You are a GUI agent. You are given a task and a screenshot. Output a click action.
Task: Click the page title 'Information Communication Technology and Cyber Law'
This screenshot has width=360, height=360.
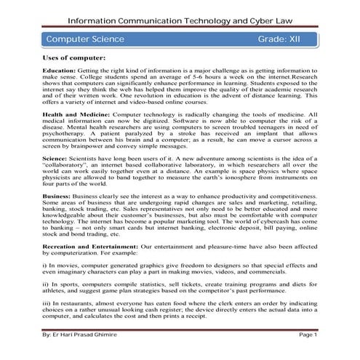(180, 14)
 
